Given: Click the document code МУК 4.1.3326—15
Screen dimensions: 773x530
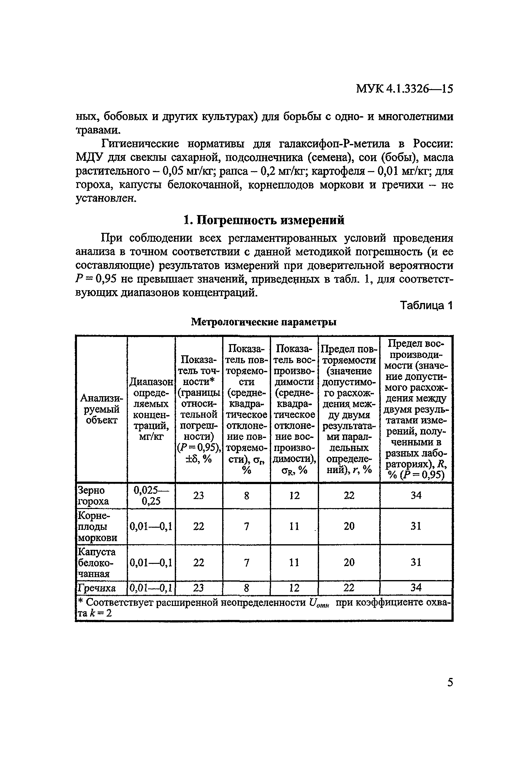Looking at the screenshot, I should (x=404, y=89).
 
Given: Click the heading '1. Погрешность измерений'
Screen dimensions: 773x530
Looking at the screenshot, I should (x=264, y=220).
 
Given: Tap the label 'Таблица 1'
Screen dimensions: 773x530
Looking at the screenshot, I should (x=426, y=305).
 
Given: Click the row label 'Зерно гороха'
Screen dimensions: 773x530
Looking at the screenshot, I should (x=91, y=496).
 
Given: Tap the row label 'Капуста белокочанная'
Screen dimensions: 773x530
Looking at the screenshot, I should (x=96, y=563).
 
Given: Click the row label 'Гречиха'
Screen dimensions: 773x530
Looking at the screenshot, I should (x=96, y=588).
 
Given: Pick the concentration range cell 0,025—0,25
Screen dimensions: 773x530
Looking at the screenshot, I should (x=151, y=496).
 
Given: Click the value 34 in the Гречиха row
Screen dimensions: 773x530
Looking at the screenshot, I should (x=416, y=588).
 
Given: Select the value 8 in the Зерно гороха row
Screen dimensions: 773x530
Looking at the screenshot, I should (x=246, y=496).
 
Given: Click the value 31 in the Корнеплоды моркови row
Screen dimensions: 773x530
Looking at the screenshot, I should (x=416, y=526).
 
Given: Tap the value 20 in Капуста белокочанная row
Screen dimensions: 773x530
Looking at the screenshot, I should (x=349, y=563).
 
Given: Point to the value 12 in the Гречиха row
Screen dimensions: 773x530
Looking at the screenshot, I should (x=294, y=588).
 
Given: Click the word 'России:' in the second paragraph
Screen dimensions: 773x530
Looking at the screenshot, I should (x=433, y=144).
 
